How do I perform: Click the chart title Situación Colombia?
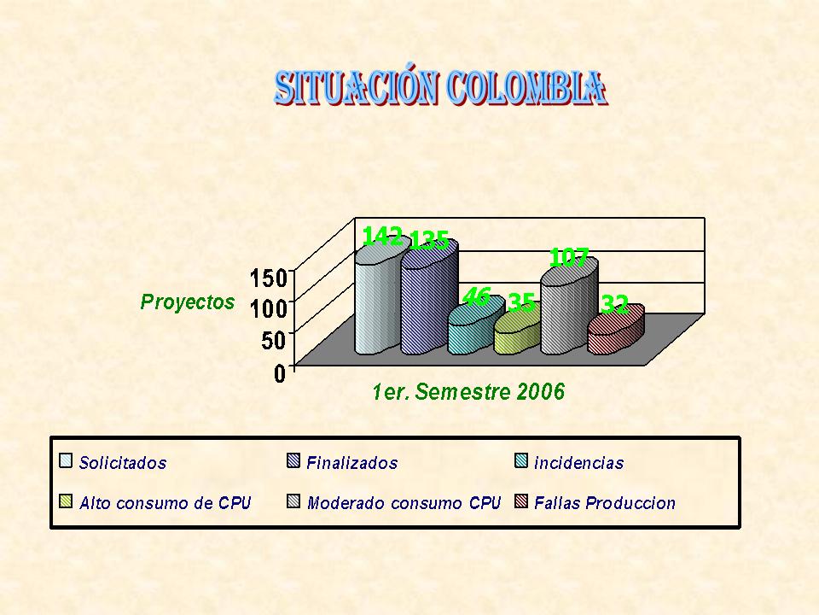tap(440, 88)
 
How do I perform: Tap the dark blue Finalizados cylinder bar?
tap(429, 298)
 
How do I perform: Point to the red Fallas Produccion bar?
tap(616, 331)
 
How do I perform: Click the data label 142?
tap(382, 237)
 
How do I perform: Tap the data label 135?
tap(429, 241)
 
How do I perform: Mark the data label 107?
tap(569, 258)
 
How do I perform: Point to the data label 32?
tap(615, 304)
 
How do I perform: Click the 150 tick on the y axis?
tap(269, 278)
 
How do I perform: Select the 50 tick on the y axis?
tap(275, 341)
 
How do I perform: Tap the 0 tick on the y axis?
tap(281, 373)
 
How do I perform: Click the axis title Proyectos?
tap(188, 302)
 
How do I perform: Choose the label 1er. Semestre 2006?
tap(468, 392)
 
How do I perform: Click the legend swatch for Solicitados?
tap(66, 460)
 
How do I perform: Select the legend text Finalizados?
tap(352, 463)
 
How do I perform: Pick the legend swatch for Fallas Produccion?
tap(521, 501)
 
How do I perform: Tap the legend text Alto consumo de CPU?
tap(165, 503)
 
